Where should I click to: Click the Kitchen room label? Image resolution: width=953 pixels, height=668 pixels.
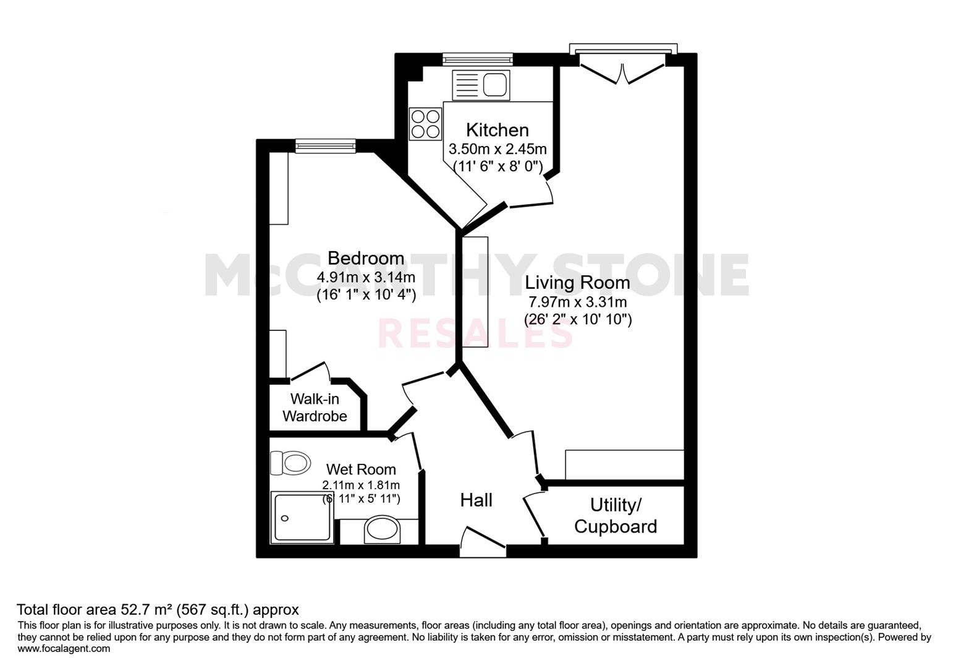pos(498,130)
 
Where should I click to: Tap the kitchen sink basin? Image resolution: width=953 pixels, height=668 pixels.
pos(495,85)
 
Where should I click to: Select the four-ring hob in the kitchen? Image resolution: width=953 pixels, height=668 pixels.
pos(425,124)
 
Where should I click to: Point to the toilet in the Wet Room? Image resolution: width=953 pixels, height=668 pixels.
pos(290,463)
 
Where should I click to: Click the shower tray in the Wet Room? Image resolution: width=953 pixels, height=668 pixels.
pos(302,517)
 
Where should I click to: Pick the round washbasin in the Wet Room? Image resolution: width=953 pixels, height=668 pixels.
pos(382,529)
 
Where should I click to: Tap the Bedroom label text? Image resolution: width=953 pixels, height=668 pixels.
pos(366,258)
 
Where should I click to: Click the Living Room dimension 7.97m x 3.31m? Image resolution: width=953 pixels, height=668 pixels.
pos(578,302)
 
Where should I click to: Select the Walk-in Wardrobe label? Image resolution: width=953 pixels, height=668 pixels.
pos(315,408)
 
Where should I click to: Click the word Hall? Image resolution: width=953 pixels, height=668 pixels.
pos(476,500)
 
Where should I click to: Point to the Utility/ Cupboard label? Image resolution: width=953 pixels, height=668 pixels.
pos(616,516)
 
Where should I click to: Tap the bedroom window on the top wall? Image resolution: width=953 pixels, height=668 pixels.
pos(326,146)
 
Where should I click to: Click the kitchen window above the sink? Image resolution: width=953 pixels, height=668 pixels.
pos(477,59)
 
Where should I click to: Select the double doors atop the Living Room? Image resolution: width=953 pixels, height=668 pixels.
pos(622,72)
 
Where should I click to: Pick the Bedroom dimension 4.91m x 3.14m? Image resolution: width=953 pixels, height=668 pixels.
pos(366,277)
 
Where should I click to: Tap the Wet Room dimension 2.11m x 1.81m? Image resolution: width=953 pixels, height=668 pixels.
pos(361,485)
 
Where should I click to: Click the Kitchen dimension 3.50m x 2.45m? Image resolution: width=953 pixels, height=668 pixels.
pos(498,149)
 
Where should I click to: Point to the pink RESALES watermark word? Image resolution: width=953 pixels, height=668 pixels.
pos(475,334)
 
